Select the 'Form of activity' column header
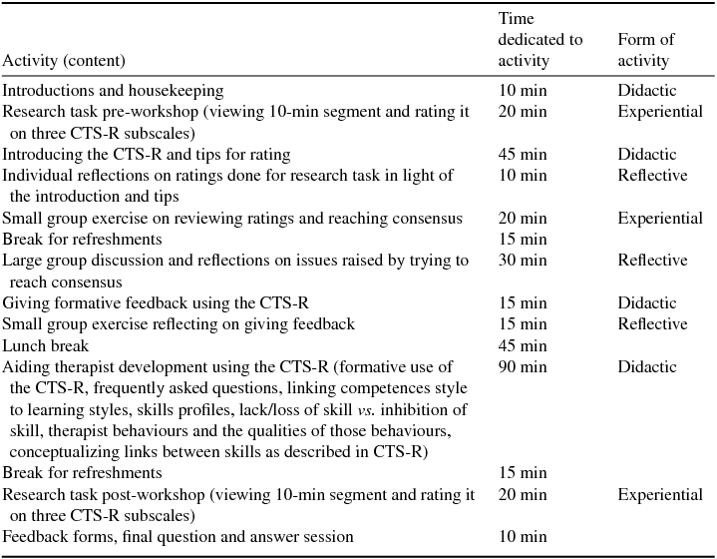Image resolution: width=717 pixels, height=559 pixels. click(645, 50)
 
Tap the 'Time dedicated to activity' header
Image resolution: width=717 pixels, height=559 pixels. click(539, 40)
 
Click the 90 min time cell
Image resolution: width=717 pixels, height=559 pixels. click(523, 366)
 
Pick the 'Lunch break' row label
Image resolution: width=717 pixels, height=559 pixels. click(46, 345)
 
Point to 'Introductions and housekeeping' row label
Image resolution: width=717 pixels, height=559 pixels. click(114, 91)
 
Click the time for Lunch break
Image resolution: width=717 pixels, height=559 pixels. click(523, 345)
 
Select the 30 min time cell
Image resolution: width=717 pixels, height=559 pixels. click(523, 261)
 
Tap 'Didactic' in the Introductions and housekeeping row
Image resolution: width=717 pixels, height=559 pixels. click(646, 91)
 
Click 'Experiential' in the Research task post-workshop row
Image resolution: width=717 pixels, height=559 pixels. click(659, 494)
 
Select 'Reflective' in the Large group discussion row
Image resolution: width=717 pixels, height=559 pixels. click(652, 261)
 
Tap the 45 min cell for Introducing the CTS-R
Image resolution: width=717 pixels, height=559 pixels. click(523, 154)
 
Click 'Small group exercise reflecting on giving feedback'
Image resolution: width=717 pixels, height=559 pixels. click(179, 324)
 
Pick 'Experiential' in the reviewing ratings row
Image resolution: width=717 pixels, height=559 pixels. click(659, 218)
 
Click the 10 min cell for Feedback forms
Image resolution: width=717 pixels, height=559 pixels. click(523, 537)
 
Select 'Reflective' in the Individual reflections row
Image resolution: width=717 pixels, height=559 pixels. click(652, 176)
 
